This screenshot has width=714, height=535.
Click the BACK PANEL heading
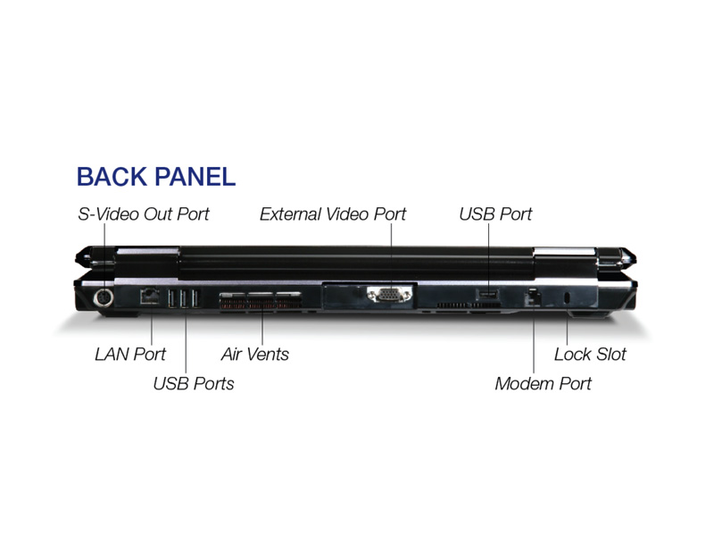pos(155,177)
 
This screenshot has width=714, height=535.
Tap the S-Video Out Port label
pos(143,213)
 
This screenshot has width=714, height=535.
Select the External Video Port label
pos(332,213)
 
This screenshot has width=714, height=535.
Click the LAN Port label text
pos(130,354)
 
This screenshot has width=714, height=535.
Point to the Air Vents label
pos(255,354)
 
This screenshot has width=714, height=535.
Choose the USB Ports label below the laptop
pos(194,383)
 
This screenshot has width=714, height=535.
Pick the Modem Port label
pos(543,383)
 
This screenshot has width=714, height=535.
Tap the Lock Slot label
pos(590,354)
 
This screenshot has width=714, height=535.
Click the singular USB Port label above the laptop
pos(495,213)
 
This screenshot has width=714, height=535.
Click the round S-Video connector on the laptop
pos(104,298)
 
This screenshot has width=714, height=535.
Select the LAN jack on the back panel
pos(149,297)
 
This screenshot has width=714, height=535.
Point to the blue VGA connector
pos(389,295)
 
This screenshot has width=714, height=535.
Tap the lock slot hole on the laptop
pos(567,298)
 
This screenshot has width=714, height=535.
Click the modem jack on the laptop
pos(533,297)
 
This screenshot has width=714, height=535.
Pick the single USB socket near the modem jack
pos(488,295)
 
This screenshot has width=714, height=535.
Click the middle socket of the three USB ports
pos(185,298)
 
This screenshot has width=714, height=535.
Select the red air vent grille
pos(261,302)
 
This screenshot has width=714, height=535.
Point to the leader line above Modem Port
pos(534,339)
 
